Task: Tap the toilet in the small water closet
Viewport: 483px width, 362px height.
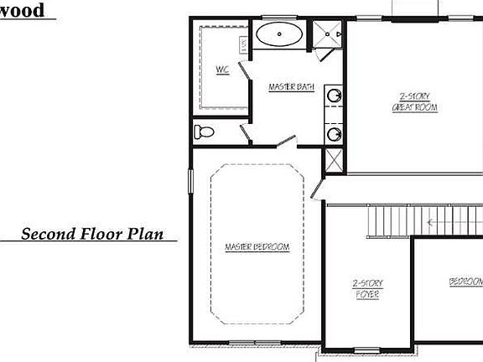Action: (203, 132)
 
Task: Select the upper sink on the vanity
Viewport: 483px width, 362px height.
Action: (335, 96)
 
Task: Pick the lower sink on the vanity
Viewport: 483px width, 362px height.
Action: (335, 132)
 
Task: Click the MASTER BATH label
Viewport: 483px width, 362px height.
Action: (291, 87)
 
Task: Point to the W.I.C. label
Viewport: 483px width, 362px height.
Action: (222, 70)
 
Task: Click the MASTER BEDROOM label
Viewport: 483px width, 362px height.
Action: (257, 247)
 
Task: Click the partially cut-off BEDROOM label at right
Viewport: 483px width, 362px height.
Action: (465, 282)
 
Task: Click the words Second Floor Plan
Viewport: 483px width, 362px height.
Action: (92, 234)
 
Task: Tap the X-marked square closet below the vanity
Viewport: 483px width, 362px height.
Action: (333, 159)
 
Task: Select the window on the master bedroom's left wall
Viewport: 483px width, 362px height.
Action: (190, 180)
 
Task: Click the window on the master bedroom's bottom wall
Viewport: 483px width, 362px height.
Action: (255, 342)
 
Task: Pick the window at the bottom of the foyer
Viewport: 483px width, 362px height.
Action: (366, 349)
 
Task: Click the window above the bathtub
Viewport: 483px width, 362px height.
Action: (280, 18)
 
